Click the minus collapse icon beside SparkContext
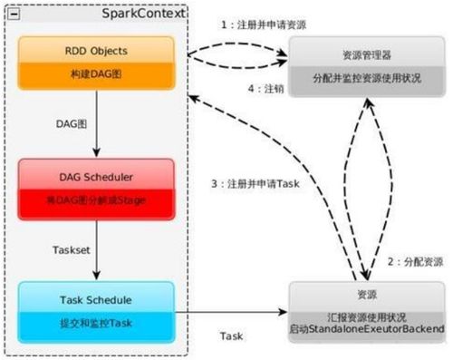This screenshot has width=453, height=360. pyautogui.click(x=13, y=13)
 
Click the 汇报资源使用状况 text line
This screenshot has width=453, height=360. pyautogui.click(x=367, y=310)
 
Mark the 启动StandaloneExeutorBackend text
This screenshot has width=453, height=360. pyautogui.click(x=367, y=325)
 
